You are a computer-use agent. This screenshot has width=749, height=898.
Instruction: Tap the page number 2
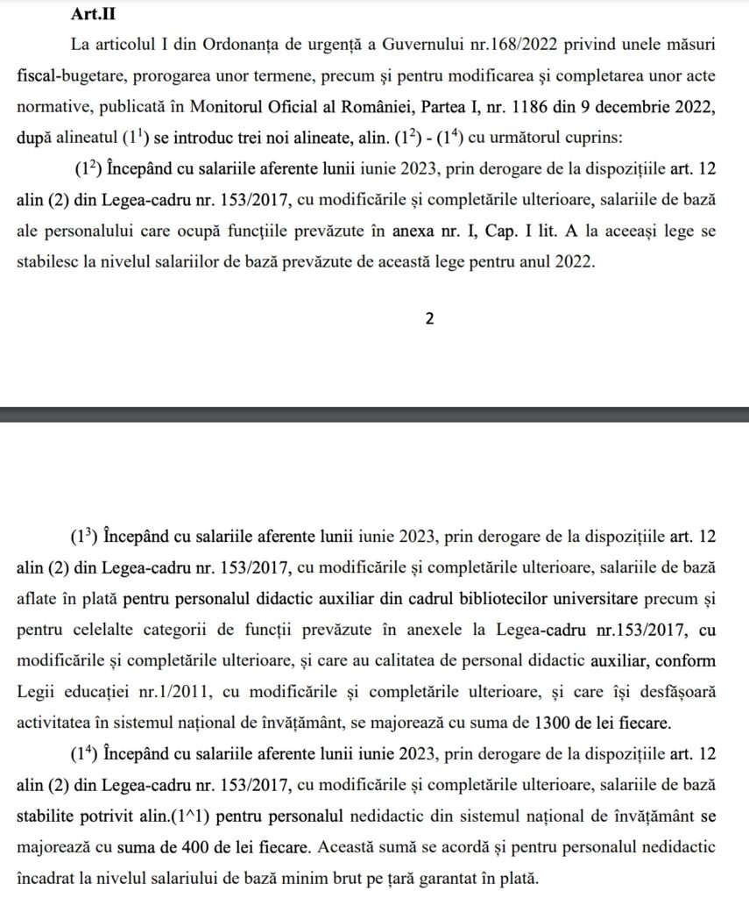[x=429, y=318]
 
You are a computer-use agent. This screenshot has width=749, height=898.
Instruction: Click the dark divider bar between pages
[x=374, y=410]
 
